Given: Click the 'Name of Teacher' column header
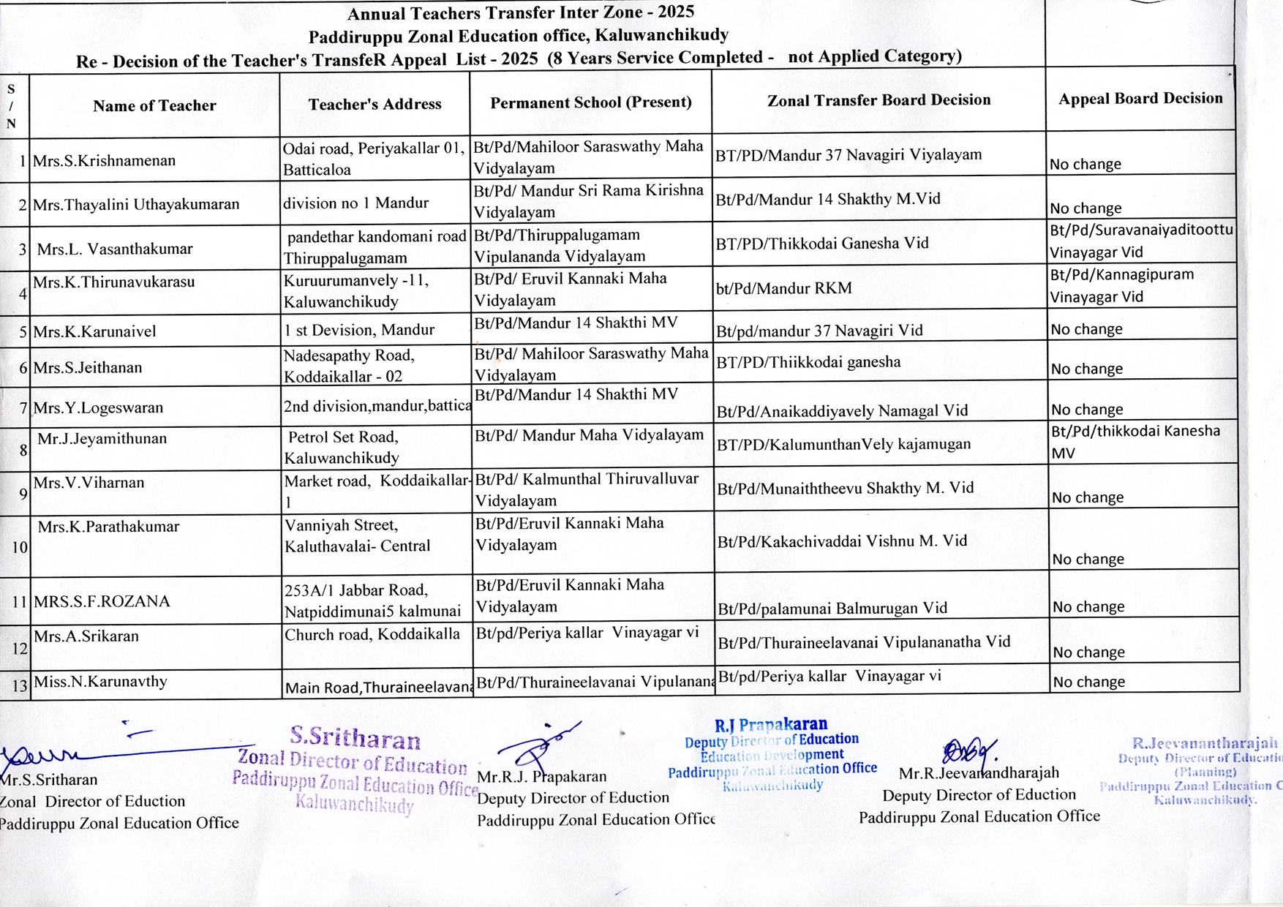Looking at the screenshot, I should point(154,106).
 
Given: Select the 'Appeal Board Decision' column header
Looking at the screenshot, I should point(1140,99).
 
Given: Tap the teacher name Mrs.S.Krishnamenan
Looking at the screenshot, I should point(104,161).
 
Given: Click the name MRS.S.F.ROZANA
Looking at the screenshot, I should point(102,601).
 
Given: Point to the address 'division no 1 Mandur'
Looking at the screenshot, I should point(355,203).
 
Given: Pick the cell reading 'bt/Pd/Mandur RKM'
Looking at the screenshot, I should point(783,288).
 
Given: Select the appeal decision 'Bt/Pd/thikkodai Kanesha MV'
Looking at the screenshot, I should point(1135,442).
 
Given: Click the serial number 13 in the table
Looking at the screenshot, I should point(19,686).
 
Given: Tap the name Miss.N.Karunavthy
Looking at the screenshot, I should point(100,682).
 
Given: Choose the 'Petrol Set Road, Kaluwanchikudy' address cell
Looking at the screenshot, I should point(342,448).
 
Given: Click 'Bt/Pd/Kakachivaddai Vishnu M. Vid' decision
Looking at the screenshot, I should point(842,541).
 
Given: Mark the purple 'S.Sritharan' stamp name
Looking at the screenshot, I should point(355,737).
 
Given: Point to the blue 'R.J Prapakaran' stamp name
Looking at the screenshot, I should point(771,725).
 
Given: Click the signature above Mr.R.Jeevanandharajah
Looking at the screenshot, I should point(969,751).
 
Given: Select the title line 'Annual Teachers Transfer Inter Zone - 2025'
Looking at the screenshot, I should point(521,13).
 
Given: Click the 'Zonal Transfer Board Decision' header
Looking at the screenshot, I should point(878,100).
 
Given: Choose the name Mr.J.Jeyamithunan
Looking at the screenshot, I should point(102,439).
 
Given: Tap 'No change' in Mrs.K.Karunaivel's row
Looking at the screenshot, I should point(1086,330).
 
